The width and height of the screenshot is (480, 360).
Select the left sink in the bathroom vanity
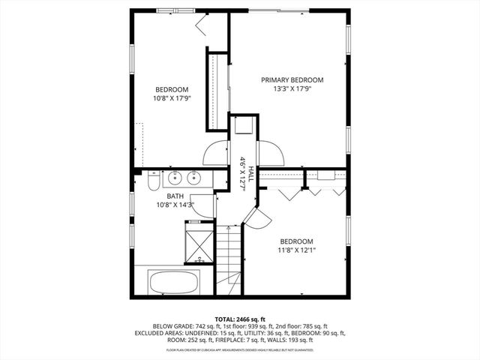(174, 178)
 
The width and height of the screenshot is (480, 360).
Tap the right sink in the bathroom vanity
(193, 178)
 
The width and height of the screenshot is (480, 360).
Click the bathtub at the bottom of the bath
(173, 283)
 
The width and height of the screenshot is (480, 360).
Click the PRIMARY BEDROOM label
(292, 79)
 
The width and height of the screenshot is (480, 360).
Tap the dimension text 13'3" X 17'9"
(292, 88)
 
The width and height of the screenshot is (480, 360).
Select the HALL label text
(252, 172)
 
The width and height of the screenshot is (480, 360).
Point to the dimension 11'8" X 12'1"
(296, 250)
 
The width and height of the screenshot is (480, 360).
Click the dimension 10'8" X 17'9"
(172, 97)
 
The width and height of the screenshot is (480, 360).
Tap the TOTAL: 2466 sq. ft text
(239, 319)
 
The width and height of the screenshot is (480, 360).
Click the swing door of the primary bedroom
(271, 154)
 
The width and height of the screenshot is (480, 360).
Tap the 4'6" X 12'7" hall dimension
(243, 174)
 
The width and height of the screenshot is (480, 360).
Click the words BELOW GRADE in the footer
(172, 326)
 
